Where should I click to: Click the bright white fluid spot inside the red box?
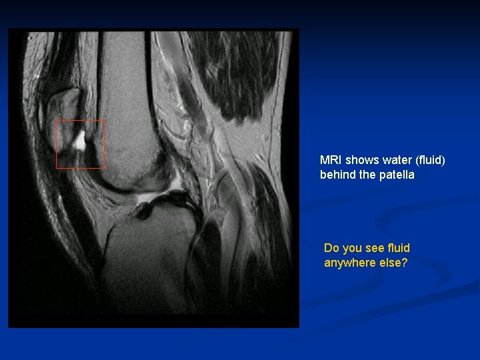click(x=79, y=140)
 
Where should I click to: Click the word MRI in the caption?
click(x=331, y=160)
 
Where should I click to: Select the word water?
click(x=393, y=160)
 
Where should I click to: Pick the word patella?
click(x=397, y=175)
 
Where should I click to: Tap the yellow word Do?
click(x=331, y=248)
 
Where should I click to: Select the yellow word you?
click(x=353, y=248)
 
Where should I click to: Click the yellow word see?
click(x=377, y=248)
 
